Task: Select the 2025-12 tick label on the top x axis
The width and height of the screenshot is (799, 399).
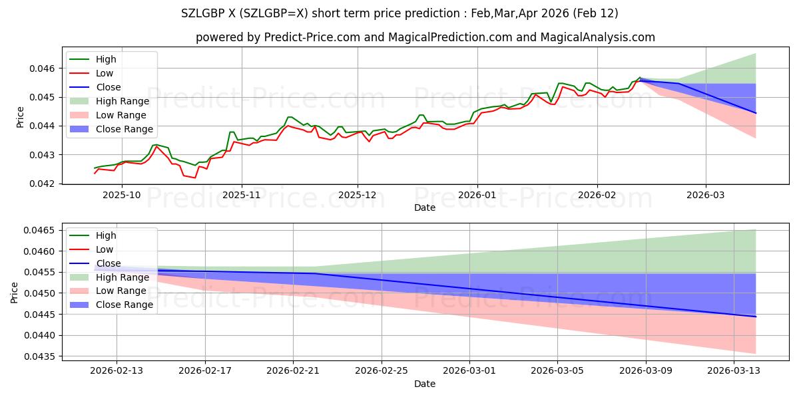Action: [x=358, y=195]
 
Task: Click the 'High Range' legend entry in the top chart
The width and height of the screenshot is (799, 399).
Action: [x=123, y=101]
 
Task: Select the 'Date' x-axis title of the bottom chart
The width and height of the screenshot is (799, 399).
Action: [x=425, y=384]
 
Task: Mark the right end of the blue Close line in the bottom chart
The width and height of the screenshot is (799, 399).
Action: [x=756, y=317]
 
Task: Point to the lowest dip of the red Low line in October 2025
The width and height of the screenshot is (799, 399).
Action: [x=194, y=178]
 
